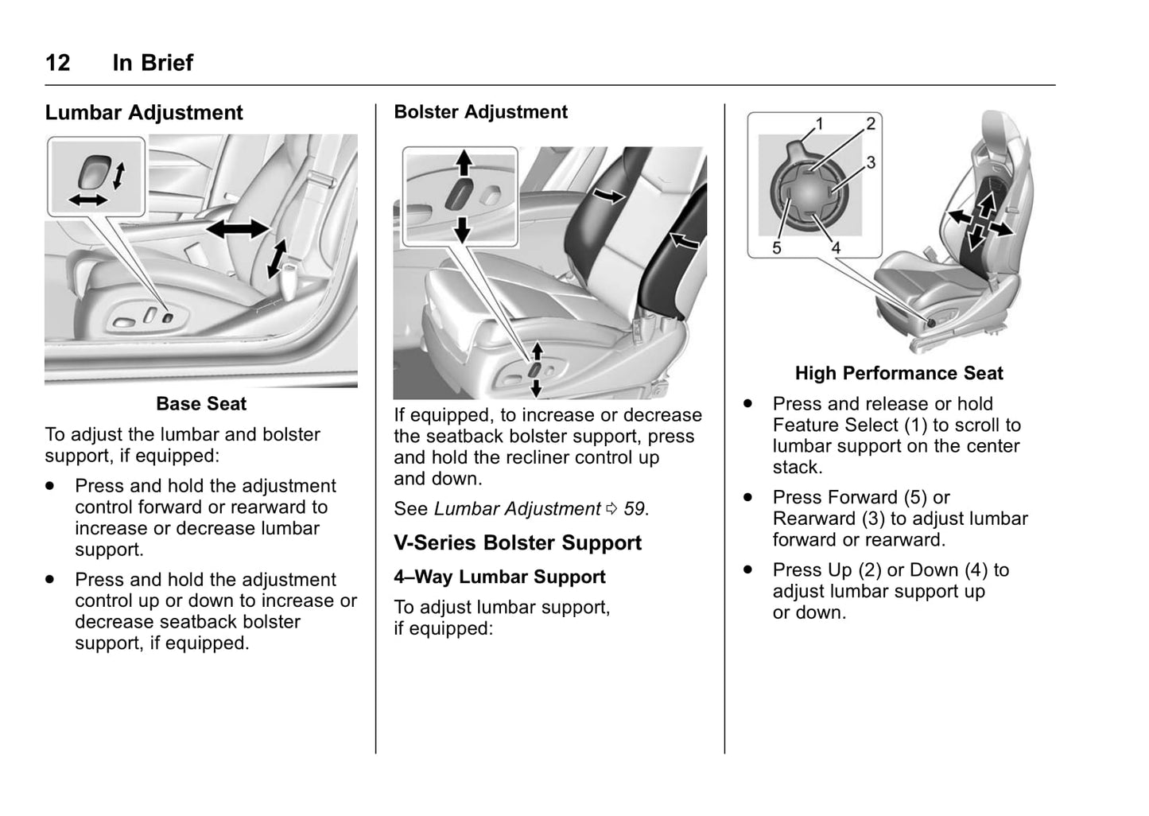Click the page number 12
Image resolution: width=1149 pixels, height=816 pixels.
click(x=58, y=63)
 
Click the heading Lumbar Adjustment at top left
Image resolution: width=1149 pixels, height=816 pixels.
click(x=144, y=113)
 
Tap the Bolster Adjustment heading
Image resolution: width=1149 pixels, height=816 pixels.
click(x=480, y=112)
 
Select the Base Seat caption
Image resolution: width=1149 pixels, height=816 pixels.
click(x=201, y=404)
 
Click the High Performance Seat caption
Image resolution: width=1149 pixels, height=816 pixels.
click(x=899, y=374)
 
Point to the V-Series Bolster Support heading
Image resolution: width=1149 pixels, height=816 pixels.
click(x=517, y=543)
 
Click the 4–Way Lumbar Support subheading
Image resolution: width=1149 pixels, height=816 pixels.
click(x=499, y=577)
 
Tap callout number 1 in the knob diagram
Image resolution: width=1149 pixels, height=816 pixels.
click(x=819, y=123)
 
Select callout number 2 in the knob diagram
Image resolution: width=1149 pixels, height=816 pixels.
click(x=871, y=123)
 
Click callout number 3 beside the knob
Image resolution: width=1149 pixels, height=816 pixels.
click(x=871, y=162)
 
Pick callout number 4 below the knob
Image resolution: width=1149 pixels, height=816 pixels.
click(x=836, y=248)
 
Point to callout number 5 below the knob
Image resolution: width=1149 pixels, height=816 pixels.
click(x=777, y=248)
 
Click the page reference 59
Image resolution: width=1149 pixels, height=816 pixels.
click(x=634, y=509)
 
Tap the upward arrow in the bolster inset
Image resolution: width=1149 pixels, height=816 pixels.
click(x=463, y=163)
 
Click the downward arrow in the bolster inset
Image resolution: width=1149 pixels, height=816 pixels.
click(x=463, y=229)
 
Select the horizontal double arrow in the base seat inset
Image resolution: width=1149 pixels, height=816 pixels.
click(x=87, y=200)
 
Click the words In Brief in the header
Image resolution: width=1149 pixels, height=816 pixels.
click(x=153, y=63)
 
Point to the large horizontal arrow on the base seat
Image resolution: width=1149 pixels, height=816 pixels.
click(x=238, y=229)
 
